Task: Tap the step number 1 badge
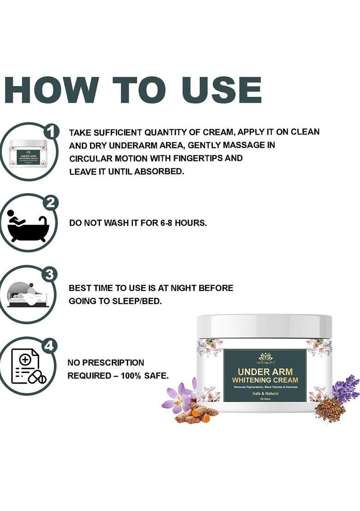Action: (x=52, y=131)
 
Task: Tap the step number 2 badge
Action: (x=50, y=203)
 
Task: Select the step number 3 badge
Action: (x=50, y=275)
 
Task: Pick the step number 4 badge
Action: (x=50, y=346)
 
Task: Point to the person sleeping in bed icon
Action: (x=27, y=296)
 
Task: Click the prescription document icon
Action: (x=28, y=367)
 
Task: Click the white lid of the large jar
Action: (x=264, y=326)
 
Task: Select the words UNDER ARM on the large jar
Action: (x=265, y=372)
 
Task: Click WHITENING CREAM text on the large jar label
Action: (x=265, y=380)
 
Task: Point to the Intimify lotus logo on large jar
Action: (x=265, y=357)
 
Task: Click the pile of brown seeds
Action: (x=329, y=410)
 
